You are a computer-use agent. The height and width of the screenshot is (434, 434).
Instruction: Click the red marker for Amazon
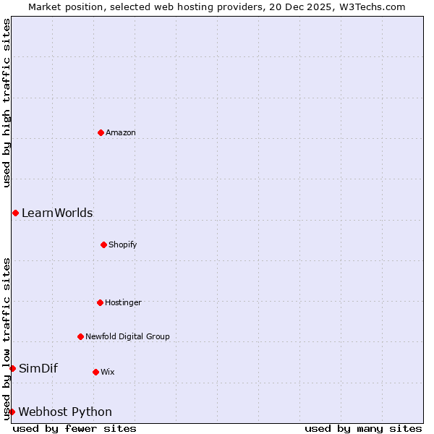[x=101, y=132]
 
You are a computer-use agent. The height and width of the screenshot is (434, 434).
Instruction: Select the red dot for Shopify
[x=103, y=244]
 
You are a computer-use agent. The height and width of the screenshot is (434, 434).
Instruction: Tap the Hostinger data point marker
[x=100, y=302]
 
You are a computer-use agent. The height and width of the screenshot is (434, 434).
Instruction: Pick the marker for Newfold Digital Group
[x=80, y=336]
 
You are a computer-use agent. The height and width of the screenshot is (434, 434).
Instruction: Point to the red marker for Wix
[x=95, y=372]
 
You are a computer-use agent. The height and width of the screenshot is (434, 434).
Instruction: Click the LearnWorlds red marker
[x=15, y=213]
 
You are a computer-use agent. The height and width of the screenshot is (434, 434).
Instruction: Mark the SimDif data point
[x=12, y=368]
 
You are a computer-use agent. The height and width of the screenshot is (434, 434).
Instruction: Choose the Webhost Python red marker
[x=12, y=412]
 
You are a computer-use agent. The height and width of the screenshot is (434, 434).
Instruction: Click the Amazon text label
[x=121, y=132]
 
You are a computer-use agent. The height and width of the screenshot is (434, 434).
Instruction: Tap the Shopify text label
[x=123, y=244]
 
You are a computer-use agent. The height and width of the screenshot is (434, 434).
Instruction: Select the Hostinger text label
[x=123, y=302]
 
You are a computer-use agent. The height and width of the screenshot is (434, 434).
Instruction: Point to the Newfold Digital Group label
[x=127, y=336]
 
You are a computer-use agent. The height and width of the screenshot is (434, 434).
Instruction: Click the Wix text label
[x=108, y=372]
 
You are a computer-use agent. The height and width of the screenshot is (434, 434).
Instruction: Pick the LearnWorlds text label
[x=57, y=213]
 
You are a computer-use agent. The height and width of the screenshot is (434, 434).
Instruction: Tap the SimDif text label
[x=38, y=368]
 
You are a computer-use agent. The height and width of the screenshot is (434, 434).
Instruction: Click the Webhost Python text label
[x=65, y=412]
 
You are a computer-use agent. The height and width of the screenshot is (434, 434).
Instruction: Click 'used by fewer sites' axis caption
[x=75, y=428]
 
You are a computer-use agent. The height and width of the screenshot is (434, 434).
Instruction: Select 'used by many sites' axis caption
[x=363, y=428]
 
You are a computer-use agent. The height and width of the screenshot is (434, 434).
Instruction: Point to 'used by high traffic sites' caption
[x=7, y=103]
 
